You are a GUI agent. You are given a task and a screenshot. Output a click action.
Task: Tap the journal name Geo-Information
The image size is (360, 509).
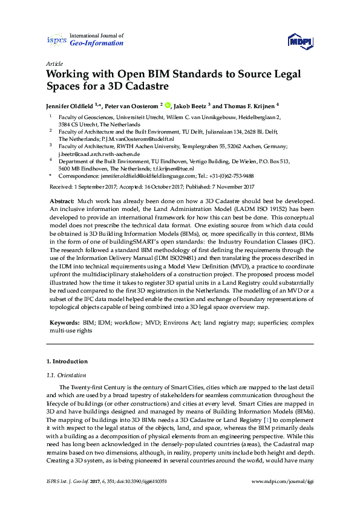pyautogui.click(x=97, y=44)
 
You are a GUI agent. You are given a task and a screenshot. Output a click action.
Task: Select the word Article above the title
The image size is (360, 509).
pyautogui.click(x=54, y=63)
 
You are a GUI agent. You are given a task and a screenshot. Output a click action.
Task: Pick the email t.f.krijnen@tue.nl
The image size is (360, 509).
pyautogui.click(x=180, y=169)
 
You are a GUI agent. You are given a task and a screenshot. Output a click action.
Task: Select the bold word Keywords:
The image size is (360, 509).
pyautogui.click(x=63, y=323)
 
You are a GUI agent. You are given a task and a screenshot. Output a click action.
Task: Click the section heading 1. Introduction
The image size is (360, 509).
pyautogui.click(x=67, y=361)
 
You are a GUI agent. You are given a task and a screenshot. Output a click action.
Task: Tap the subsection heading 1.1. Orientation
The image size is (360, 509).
pyautogui.click(x=65, y=375)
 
